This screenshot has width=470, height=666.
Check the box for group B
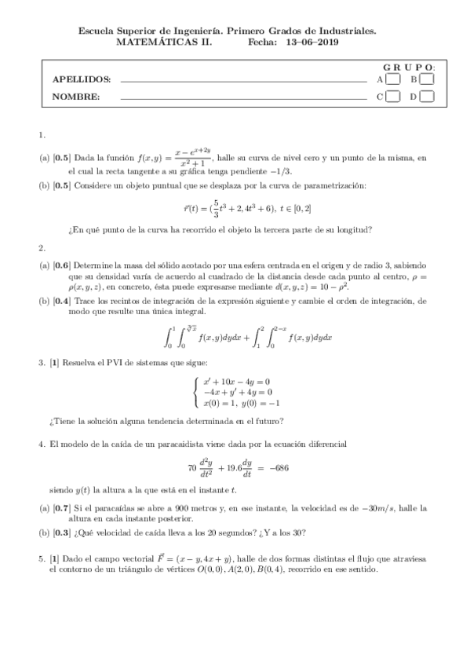[427, 79]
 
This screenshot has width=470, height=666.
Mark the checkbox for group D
[427, 97]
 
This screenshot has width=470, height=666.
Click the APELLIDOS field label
[82, 79]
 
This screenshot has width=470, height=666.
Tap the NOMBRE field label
[75, 97]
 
